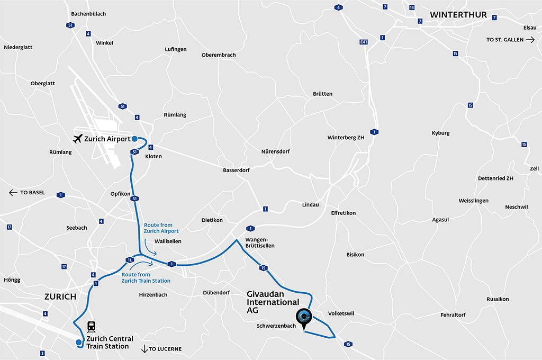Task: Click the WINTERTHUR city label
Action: pos(458,15)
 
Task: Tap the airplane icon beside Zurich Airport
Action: pos(78,139)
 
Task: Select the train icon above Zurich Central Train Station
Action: pos(92,327)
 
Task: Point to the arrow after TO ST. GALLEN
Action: pos(530,40)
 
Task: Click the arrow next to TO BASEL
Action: pos(13,193)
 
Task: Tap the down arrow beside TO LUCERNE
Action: pos(144,348)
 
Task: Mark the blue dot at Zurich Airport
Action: pos(134,139)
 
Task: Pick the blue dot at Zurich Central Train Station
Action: pos(78,343)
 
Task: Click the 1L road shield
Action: pos(129,259)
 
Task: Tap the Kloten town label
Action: pos(153,157)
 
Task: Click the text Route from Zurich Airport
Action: pos(161,228)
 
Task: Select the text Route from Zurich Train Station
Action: pos(146,277)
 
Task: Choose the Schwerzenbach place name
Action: pos(276,326)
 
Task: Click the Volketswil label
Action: pos(341,313)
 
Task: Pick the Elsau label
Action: pos(529,27)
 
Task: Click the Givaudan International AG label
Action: pos(273,302)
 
